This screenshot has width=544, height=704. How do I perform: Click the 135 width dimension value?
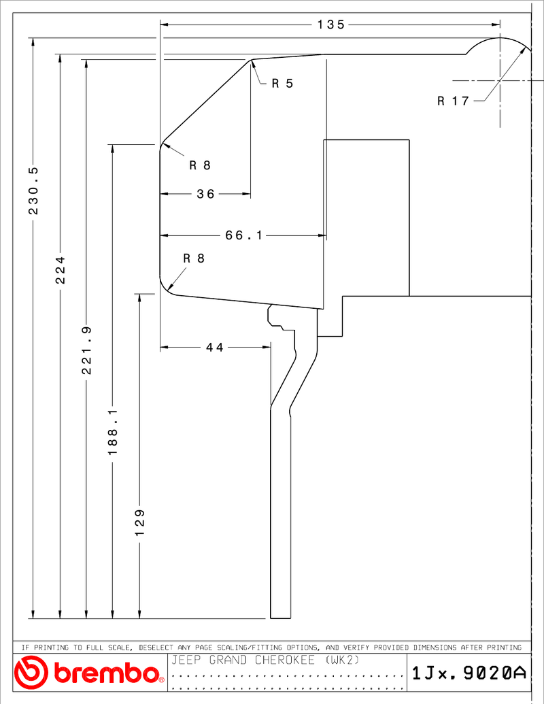[330, 24]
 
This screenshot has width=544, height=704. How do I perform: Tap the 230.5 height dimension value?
[34, 190]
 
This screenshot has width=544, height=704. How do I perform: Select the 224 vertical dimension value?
[61, 270]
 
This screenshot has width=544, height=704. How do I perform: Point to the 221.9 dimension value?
[86, 350]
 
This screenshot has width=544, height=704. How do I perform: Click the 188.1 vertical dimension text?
[113, 431]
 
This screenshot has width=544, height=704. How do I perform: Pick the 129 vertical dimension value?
[140, 522]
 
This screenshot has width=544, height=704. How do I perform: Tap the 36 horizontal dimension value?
[205, 194]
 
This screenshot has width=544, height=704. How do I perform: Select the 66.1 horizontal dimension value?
[243, 235]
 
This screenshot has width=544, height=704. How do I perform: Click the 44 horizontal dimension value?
[215, 347]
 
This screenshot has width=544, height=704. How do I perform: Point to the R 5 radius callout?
[282, 83]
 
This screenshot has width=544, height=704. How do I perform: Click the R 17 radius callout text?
[453, 101]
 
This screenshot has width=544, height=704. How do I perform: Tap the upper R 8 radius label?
[200, 165]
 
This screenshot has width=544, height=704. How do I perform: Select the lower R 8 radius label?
[194, 258]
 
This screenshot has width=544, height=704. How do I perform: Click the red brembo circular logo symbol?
[31, 672]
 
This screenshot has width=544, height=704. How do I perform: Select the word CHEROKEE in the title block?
[285, 660]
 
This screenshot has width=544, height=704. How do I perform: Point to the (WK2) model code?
[343, 660]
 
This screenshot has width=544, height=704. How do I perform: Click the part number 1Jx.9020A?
[469, 673]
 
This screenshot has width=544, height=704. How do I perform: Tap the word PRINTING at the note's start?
[52, 648]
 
